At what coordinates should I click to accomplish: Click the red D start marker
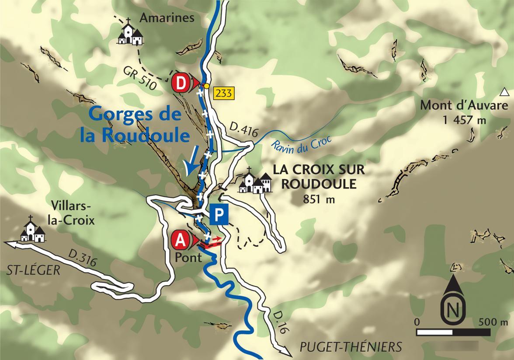[x=181, y=83]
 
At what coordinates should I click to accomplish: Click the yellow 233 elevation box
[x=223, y=93]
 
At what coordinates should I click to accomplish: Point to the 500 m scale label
[x=493, y=322]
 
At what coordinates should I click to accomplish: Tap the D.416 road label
[x=240, y=128]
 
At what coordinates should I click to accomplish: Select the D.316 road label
[x=82, y=258]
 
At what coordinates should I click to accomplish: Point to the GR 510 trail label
[x=139, y=78]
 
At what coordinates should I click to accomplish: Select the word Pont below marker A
[x=188, y=257]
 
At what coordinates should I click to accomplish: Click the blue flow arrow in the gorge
[x=191, y=161]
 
